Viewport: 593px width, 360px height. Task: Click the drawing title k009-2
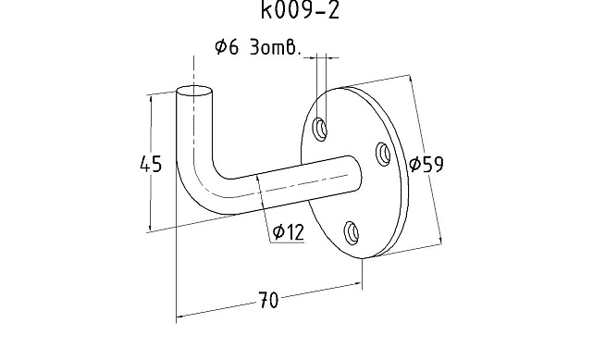pyautogui.click(x=300, y=10)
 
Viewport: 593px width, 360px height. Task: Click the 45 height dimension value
pyautogui.click(x=151, y=164)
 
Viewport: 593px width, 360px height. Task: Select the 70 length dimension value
pyautogui.click(x=268, y=300)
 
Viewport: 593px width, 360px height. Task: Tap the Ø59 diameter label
pyautogui.click(x=426, y=164)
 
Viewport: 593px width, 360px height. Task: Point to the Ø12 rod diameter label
pyautogui.click(x=289, y=231)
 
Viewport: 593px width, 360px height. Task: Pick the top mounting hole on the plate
pyautogui.click(x=320, y=129)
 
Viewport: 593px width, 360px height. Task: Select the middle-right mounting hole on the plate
pyautogui.click(x=383, y=154)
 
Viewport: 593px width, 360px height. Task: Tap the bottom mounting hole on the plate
pyautogui.click(x=352, y=232)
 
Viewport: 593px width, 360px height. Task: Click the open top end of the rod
pyautogui.click(x=194, y=91)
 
